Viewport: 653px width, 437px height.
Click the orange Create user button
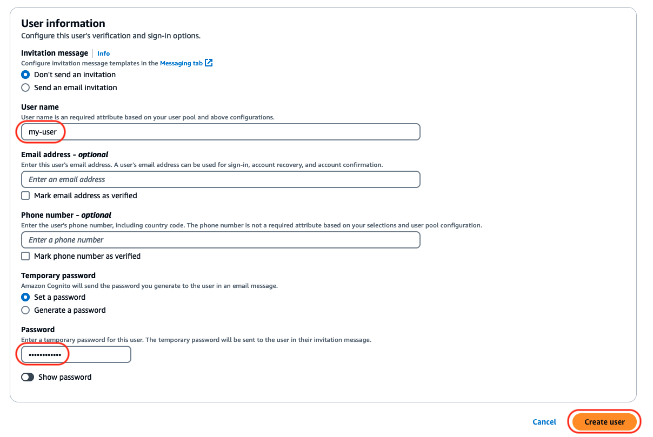(x=604, y=422)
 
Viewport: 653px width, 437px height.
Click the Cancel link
(x=544, y=422)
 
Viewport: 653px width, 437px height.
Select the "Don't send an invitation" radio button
(x=25, y=75)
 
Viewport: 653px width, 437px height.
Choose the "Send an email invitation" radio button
(x=25, y=88)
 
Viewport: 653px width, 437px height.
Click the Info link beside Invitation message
(x=103, y=53)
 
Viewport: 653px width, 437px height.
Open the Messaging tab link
(x=181, y=63)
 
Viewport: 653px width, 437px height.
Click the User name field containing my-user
(x=221, y=132)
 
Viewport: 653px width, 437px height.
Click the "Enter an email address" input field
(x=221, y=179)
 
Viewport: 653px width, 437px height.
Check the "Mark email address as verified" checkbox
(x=25, y=196)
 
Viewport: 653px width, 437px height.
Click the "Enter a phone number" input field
(x=221, y=240)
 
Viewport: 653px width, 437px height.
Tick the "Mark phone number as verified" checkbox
(x=25, y=256)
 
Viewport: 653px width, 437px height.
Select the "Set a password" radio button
(x=25, y=297)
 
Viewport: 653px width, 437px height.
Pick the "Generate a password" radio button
(x=25, y=310)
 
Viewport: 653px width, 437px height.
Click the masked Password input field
(x=76, y=354)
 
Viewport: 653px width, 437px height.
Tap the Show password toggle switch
(x=28, y=377)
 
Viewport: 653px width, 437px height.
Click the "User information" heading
(x=63, y=23)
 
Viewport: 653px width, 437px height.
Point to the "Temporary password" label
(x=58, y=275)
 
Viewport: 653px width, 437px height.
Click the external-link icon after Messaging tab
(x=209, y=63)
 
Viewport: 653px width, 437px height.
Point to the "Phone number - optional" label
(x=66, y=215)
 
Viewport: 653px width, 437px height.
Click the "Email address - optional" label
(x=64, y=154)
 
